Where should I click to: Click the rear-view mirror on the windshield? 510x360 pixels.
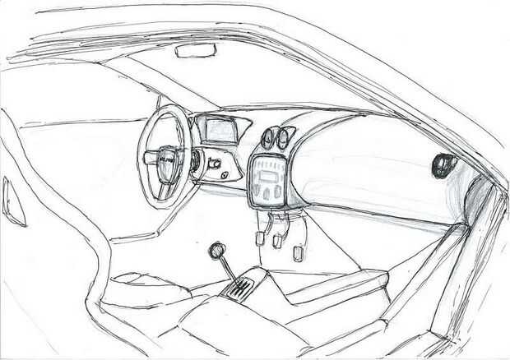(196, 51)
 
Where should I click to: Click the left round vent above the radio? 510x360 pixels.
(270, 137)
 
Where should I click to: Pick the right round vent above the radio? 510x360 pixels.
(286, 136)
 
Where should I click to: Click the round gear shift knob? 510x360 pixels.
(218, 249)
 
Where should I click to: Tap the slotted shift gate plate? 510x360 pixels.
(240, 287)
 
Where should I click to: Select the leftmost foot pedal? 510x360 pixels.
(259, 238)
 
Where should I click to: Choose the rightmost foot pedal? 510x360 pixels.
(298, 251)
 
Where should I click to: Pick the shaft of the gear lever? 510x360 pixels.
(228, 266)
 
